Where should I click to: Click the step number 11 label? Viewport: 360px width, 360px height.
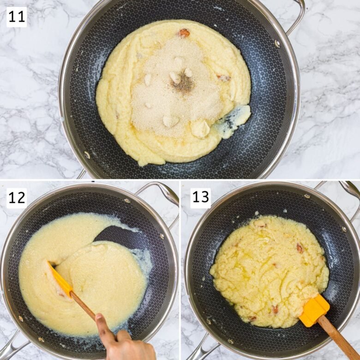pos(17,17)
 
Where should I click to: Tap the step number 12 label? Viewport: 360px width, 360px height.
pos(17,198)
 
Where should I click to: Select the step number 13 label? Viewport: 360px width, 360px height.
pos(200,198)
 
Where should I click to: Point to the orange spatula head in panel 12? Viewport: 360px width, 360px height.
pos(60,279)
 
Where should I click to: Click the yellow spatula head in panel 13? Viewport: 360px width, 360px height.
pos(314,310)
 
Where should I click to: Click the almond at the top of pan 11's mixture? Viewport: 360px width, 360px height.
pos(184,33)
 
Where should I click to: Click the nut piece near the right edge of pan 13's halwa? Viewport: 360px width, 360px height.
pos(300,248)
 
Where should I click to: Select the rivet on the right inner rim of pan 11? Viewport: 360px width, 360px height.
pos(277,43)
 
